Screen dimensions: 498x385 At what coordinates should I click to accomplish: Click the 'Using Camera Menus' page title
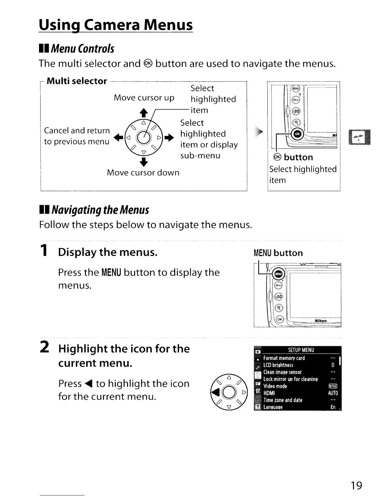pyautogui.click(x=115, y=25)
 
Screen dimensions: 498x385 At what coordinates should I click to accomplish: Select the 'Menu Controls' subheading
pyautogui.click(x=82, y=49)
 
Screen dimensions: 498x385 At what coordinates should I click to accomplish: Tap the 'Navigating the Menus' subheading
pyautogui.click(x=100, y=210)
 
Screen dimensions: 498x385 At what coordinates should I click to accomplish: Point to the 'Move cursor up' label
pyautogui.click(x=144, y=98)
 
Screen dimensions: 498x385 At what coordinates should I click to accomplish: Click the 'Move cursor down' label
pyautogui.click(x=143, y=173)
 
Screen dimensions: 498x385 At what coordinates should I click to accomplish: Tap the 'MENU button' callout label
pyautogui.click(x=278, y=253)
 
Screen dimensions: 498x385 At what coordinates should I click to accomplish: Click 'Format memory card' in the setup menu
pyautogui.click(x=284, y=358)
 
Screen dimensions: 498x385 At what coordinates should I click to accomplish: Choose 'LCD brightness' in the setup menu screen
pyautogui.click(x=278, y=365)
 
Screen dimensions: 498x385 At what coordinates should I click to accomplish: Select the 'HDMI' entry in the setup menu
pyautogui.click(x=269, y=393)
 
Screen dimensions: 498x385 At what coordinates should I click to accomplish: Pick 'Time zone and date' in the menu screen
pyautogui.click(x=283, y=400)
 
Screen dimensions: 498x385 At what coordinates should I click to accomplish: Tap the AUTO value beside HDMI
pyautogui.click(x=333, y=393)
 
